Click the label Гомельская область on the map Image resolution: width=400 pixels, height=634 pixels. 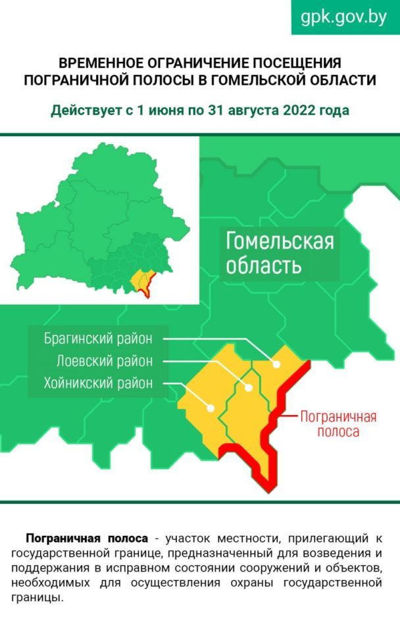click(280, 253)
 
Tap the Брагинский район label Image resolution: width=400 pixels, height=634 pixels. click(98, 339)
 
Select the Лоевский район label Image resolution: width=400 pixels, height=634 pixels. click(104, 361)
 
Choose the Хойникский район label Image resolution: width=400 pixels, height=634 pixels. click(98, 383)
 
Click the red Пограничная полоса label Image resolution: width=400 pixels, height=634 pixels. click(337, 424)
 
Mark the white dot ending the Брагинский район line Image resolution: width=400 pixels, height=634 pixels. click(277, 364)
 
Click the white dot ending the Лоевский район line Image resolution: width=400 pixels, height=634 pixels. click(249, 387)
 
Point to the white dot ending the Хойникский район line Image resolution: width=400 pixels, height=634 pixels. click(211, 407)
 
